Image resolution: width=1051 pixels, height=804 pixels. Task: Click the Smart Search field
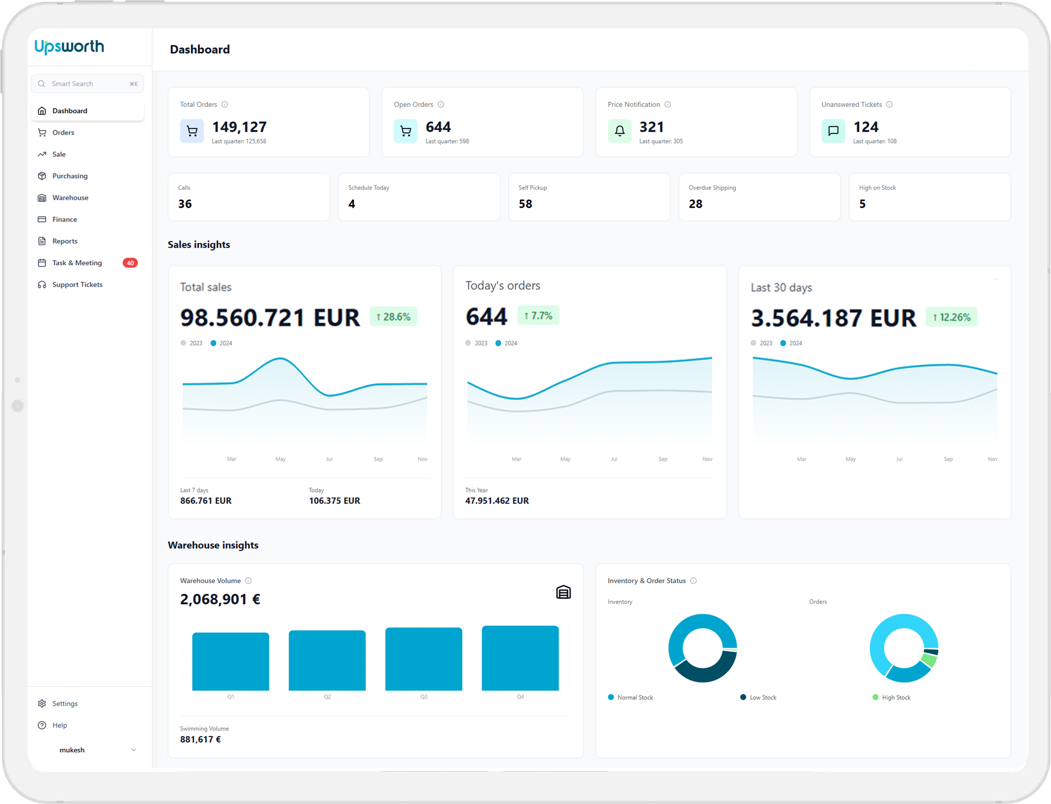tap(88, 84)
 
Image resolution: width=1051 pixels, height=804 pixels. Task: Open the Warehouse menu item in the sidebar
tap(70, 198)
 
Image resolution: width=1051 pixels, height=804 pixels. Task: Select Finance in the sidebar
tap(64, 219)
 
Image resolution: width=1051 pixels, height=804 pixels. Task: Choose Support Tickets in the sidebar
tap(77, 284)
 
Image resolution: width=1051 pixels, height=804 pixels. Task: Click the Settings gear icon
tap(42, 703)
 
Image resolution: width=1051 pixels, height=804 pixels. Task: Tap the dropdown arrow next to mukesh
tap(134, 750)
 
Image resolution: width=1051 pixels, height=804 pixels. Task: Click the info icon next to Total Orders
tap(224, 104)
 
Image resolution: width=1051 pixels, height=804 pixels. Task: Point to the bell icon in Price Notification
tap(620, 131)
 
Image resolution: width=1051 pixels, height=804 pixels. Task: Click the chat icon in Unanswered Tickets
tap(833, 131)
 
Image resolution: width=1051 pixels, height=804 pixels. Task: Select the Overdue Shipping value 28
tap(695, 204)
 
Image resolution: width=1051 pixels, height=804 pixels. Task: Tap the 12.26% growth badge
tap(951, 317)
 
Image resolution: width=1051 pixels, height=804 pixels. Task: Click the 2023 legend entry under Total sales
tap(191, 343)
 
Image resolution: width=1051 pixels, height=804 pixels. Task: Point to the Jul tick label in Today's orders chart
tap(614, 459)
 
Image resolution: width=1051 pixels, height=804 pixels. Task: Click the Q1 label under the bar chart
tap(231, 697)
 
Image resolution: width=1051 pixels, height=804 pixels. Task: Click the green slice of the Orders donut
tap(929, 661)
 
